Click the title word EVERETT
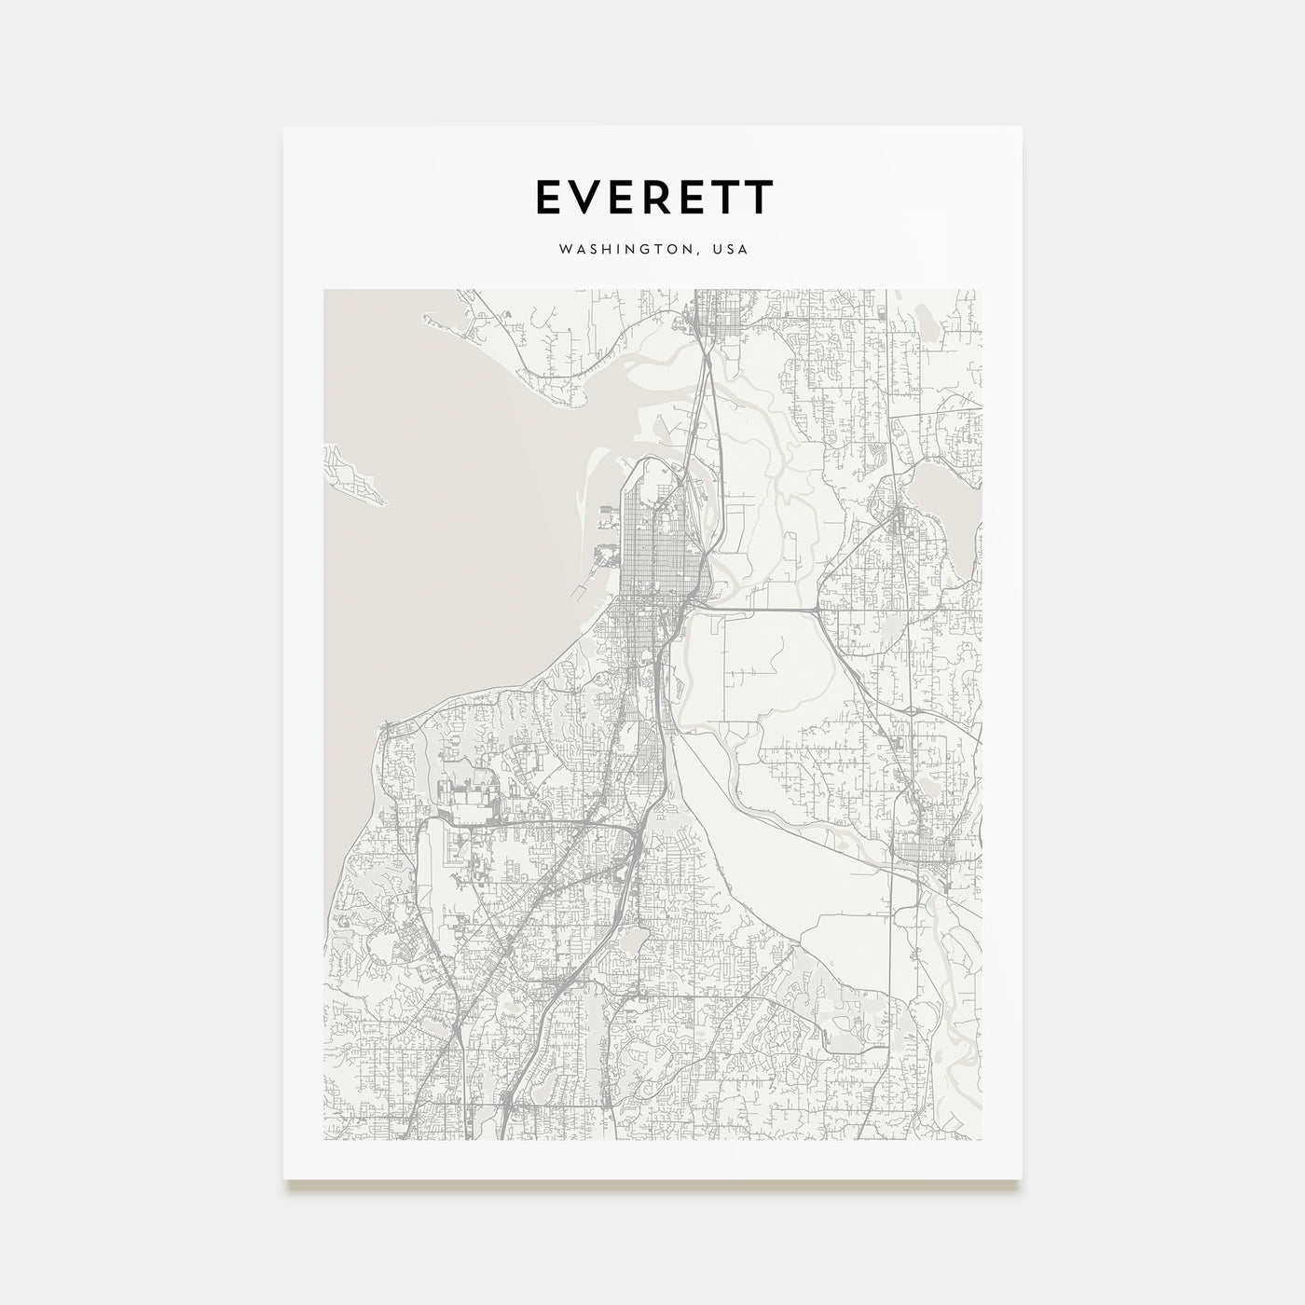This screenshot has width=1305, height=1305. [652, 197]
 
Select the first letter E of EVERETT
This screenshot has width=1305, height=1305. [547, 197]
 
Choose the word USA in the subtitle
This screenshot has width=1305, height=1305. [729, 250]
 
